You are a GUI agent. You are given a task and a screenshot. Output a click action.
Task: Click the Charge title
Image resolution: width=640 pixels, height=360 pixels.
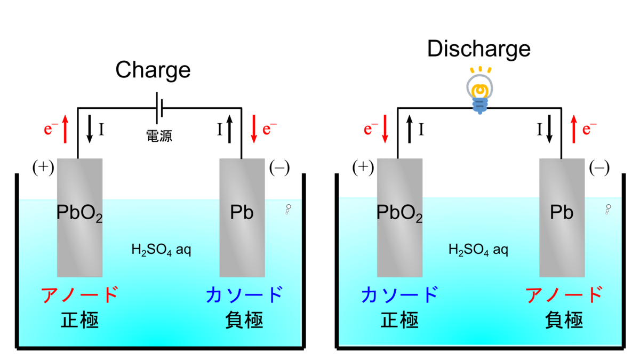pyautogui.click(x=153, y=70)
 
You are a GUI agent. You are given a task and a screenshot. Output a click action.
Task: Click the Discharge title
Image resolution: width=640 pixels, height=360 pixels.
pyautogui.click(x=479, y=49)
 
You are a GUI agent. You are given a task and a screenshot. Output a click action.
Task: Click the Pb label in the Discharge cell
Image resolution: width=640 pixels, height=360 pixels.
pyautogui.click(x=561, y=213)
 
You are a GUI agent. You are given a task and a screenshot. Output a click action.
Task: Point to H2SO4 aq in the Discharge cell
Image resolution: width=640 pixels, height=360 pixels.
pyautogui.click(x=478, y=249)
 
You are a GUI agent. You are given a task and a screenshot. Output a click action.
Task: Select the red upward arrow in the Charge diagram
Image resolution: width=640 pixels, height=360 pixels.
pyautogui.click(x=65, y=130)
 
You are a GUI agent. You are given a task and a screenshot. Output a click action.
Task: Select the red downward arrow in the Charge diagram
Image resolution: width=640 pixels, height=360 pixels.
pyautogui.click(x=254, y=130)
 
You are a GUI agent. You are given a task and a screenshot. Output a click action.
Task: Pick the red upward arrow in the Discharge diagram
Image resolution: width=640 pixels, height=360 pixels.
pyautogui.click(x=574, y=130)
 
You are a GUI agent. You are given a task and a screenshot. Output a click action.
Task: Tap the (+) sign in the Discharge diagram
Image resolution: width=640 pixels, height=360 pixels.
pyautogui.click(x=363, y=167)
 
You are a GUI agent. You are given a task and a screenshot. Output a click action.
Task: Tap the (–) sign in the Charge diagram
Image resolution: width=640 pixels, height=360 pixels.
pyautogui.click(x=279, y=167)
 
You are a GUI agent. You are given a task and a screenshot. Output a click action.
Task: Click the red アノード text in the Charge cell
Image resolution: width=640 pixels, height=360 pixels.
pyautogui.click(x=79, y=294)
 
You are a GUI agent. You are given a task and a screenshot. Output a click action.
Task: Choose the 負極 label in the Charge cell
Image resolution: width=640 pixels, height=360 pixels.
pyautogui.click(x=244, y=320)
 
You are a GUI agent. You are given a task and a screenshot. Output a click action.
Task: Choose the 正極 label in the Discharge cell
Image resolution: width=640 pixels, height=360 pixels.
pyautogui.click(x=399, y=320)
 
